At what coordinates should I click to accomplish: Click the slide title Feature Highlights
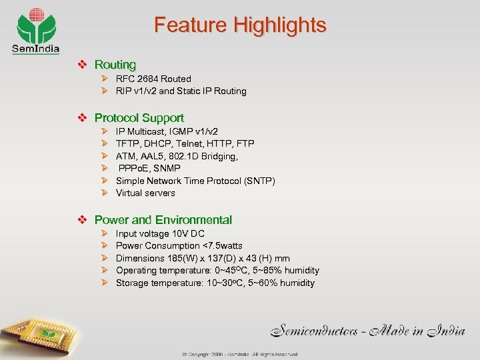point(240,25)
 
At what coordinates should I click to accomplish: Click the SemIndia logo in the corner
point(35,31)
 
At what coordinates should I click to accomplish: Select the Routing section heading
point(115,65)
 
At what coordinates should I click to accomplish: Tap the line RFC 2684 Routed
point(153,79)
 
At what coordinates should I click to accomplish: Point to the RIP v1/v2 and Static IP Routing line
point(181,91)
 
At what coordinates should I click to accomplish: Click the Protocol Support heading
point(139,118)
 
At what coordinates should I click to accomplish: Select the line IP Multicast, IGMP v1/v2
point(167,131)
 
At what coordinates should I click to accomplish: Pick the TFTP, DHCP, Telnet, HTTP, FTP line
point(185,143)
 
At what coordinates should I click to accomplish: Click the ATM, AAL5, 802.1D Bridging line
point(177,156)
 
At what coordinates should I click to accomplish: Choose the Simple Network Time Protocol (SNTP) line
point(195,181)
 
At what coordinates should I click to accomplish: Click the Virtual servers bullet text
point(145,193)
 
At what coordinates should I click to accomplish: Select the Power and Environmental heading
point(163,220)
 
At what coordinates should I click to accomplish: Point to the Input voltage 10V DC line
point(160,233)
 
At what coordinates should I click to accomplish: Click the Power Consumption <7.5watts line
point(179,245)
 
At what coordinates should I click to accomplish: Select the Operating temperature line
point(217,271)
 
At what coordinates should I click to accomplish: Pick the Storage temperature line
point(215,283)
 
